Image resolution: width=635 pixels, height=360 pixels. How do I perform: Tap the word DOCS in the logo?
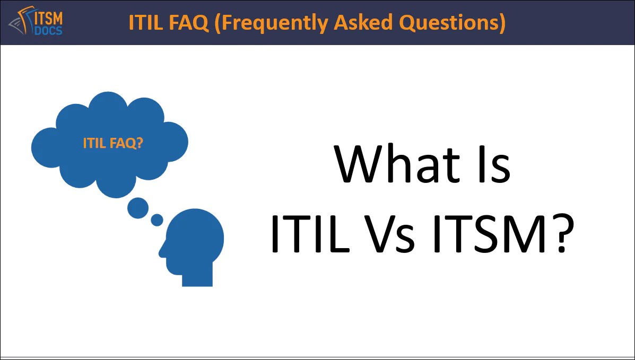tap(48, 30)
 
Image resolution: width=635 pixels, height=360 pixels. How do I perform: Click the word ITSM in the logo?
tap(49, 17)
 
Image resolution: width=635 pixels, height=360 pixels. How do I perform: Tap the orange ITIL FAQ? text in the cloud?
tap(113, 143)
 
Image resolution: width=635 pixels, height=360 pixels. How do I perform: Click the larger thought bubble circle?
tap(138, 208)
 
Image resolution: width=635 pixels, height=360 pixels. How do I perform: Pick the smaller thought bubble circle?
tap(157, 219)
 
